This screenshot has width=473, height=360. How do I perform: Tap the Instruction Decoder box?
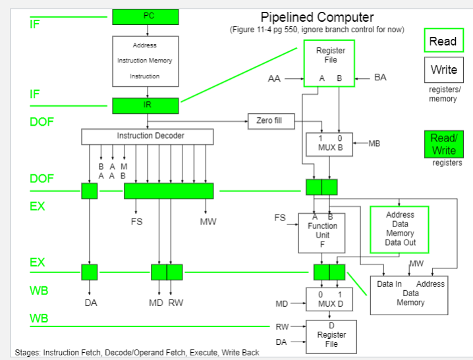[148, 136]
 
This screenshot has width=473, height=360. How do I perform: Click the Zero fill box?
[270, 120]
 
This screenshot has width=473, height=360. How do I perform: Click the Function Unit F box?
[321, 232]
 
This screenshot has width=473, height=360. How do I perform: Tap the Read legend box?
[443, 41]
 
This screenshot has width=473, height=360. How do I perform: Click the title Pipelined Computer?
[317, 18]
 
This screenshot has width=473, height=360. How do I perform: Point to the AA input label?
[274, 78]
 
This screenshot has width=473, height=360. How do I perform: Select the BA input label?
[380, 78]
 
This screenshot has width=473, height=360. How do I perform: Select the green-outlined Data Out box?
[399, 229]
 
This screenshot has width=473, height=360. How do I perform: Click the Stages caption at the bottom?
[137, 352]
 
